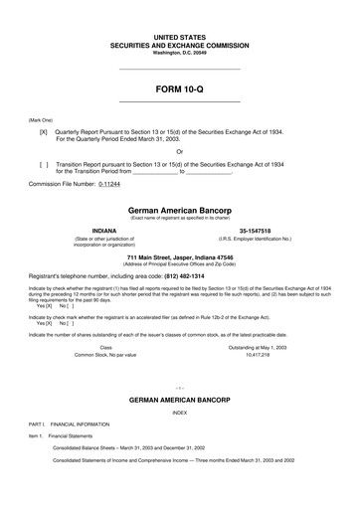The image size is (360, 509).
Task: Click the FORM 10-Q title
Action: (179, 88)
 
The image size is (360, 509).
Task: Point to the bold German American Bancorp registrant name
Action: (179, 211)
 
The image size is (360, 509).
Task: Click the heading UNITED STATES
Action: (179, 36)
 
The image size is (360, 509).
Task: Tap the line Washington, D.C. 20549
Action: (179, 52)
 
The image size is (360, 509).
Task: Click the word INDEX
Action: (179, 438)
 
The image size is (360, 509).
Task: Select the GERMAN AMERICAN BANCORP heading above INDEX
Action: (179, 424)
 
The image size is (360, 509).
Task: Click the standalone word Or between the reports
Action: (179, 152)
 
